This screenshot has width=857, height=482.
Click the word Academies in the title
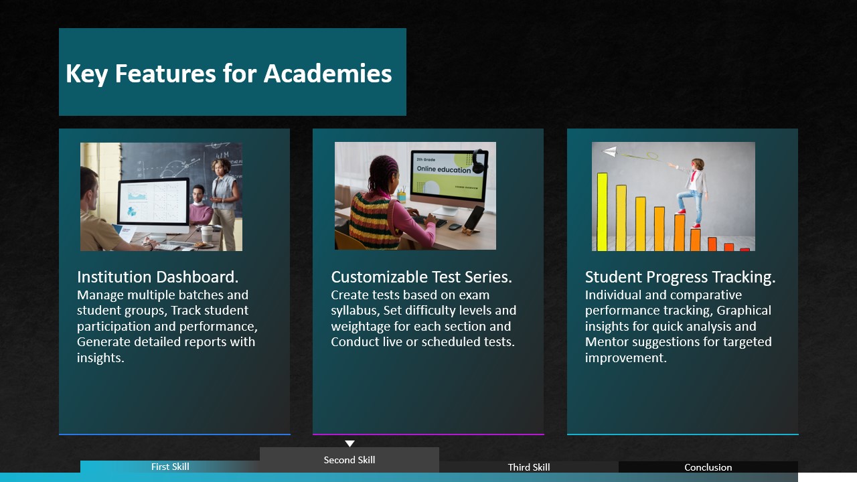coord(328,73)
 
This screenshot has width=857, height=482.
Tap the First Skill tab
coord(170,467)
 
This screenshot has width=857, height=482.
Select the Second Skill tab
coord(349,460)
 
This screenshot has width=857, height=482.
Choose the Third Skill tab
coord(529,467)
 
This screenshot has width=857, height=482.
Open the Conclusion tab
coord(708,467)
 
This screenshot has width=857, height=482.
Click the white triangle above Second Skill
coord(349,443)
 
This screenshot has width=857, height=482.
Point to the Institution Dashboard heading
coord(157,277)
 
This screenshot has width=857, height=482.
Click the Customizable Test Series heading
coord(421,277)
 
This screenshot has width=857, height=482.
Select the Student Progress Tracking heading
coord(680,277)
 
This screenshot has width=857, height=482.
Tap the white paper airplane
coord(610,151)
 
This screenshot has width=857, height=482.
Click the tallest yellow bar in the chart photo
coord(602,212)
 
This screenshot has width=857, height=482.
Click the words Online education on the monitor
coord(444,169)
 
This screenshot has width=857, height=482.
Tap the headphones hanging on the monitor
coord(479,161)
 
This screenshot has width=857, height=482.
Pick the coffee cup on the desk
coord(207,234)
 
